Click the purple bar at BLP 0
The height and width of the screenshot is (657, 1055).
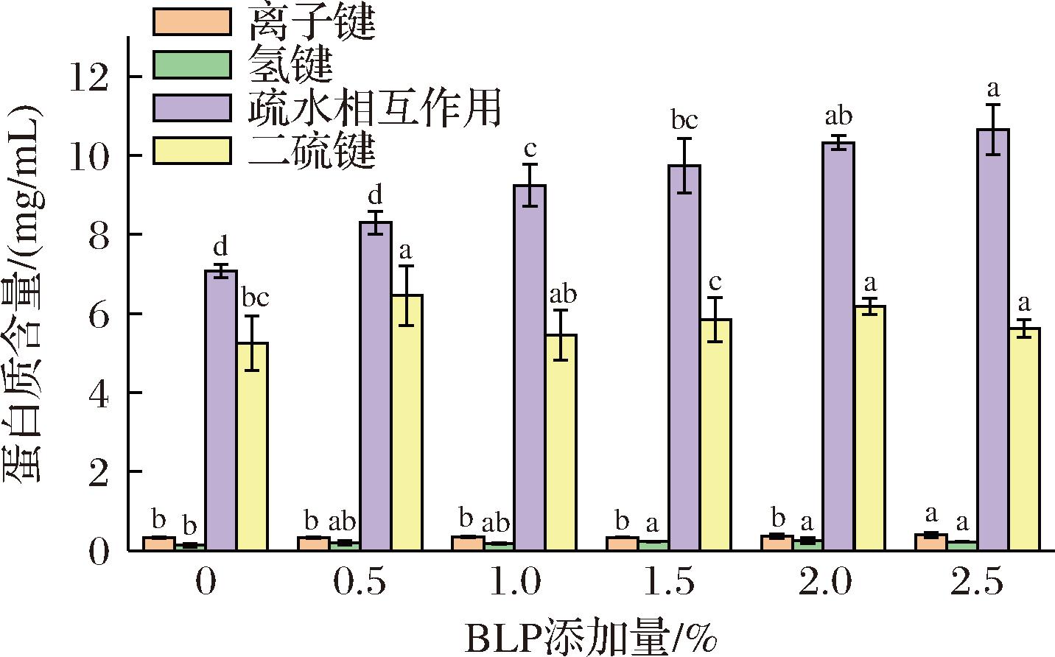tap(220, 410)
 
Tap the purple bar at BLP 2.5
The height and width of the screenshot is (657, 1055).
tap(992, 339)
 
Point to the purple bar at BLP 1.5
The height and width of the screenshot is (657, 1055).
tap(684, 357)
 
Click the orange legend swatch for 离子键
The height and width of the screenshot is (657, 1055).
tap(191, 22)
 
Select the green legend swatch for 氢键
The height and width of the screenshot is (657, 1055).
tap(191, 65)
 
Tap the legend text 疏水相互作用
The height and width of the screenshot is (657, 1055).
tap(375, 108)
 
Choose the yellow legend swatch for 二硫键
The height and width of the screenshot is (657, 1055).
tap(191, 151)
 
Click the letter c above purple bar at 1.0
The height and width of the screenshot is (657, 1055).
tap(529, 150)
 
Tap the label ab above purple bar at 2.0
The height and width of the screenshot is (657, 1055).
tap(838, 116)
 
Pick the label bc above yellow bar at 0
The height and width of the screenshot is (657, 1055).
tap(255, 298)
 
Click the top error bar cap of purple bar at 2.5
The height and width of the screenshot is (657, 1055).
tap(992, 105)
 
